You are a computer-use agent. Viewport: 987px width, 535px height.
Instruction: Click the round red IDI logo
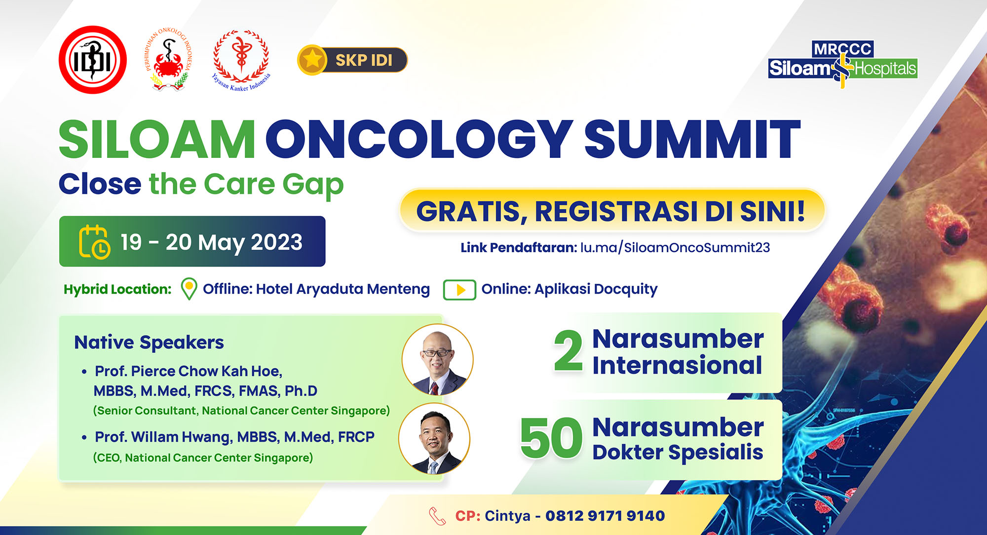(x=93, y=60)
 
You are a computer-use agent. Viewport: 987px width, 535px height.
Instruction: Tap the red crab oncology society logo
(x=169, y=60)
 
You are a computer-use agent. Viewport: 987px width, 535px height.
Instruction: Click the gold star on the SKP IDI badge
(x=312, y=60)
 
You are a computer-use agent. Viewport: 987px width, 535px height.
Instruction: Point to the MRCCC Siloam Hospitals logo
(x=843, y=65)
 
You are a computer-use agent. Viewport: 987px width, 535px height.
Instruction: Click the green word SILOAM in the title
(x=157, y=140)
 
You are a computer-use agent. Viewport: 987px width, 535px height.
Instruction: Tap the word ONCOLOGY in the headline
(x=422, y=140)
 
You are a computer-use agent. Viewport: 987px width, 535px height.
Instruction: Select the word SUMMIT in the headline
(x=691, y=140)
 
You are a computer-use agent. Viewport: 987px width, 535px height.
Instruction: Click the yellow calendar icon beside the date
(x=94, y=241)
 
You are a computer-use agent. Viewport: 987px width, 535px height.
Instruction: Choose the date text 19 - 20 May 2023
(x=212, y=242)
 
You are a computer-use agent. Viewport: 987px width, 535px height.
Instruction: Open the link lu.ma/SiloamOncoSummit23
(x=675, y=247)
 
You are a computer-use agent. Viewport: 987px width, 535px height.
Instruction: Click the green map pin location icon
(x=189, y=289)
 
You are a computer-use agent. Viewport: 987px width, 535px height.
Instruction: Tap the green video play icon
(x=459, y=290)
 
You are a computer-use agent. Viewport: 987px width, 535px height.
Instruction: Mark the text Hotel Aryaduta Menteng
(x=343, y=289)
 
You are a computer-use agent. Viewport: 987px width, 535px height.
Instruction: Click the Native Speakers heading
(x=149, y=343)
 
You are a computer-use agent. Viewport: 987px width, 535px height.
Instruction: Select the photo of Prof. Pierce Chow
(x=437, y=360)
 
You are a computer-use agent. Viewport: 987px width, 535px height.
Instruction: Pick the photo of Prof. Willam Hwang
(x=434, y=439)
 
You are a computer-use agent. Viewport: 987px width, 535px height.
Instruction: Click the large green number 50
(x=552, y=438)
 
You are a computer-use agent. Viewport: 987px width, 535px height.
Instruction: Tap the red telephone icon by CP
(x=437, y=516)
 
